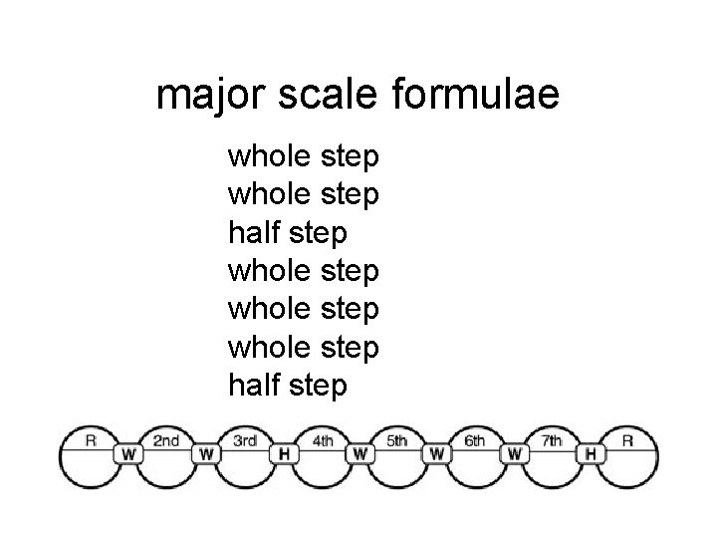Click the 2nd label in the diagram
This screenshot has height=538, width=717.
(167, 441)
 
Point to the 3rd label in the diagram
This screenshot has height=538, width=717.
(245, 441)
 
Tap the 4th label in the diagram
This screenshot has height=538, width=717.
(322, 441)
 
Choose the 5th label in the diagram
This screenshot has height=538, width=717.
(397, 441)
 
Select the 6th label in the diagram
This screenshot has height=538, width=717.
(475, 441)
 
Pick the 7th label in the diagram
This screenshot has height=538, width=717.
(552, 441)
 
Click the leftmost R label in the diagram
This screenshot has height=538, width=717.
(91, 440)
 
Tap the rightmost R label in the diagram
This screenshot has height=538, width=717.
(628, 440)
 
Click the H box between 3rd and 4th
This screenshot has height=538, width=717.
(283, 453)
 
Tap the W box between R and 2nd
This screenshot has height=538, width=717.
(129, 453)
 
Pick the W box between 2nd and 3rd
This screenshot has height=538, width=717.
(206, 453)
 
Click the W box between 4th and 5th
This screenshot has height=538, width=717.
(359, 453)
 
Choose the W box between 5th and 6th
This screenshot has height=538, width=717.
(436, 453)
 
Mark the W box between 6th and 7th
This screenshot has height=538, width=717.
(514, 453)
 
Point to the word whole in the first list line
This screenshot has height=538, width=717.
(271, 157)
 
